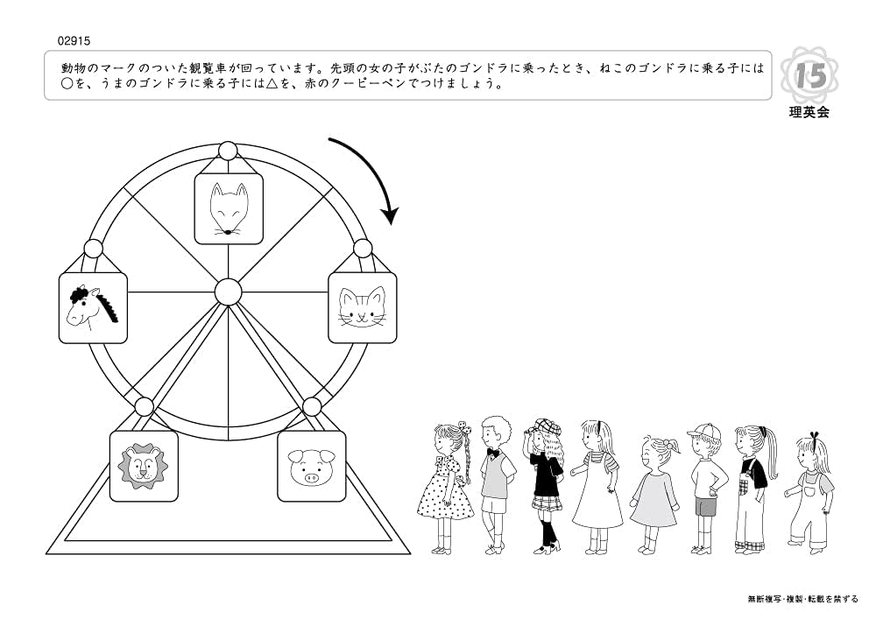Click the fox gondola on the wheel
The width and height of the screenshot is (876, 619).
click(228, 208)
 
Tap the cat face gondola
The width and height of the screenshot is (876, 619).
click(362, 307)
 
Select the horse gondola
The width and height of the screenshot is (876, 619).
click(93, 307)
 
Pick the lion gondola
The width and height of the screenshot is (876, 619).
click(143, 466)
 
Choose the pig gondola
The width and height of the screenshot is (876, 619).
click(311, 466)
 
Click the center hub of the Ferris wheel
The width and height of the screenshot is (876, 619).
click(228, 290)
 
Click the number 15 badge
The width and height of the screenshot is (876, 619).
click(810, 77)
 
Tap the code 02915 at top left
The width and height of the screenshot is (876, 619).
click(74, 40)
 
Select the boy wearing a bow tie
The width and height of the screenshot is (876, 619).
click(497, 482)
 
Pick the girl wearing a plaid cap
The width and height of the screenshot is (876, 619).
click(546, 482)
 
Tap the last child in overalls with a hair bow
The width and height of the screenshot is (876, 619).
click(810, 490)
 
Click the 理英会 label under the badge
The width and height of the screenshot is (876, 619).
click(809, 113)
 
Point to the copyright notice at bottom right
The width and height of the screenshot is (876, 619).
click(802, 599)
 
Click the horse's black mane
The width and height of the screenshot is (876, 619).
click(109, 306)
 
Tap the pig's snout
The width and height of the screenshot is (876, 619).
click(311, 477)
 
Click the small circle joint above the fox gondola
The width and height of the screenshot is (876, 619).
click(228, 151)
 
